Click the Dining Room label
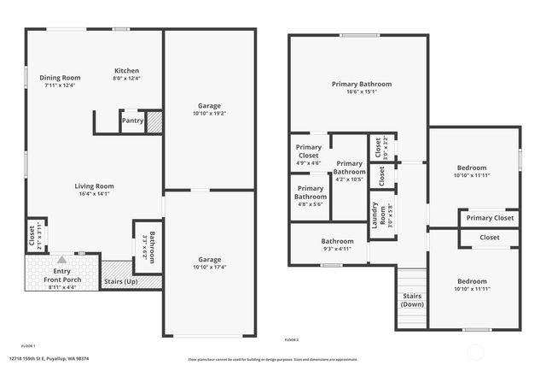pyautogui.click(x=59, y=78)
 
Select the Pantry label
pyautogui.click(x=132, y=121)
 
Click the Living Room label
pyautogui.click(x=94, y=185)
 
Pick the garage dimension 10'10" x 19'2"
pyautogui.click(x=209, y=113)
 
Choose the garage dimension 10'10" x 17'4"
pyautogui.click(x=209, y=268)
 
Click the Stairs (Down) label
pyautogui.click(x=412, y=300)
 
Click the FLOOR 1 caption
pyautogui.click(x=29, y=345)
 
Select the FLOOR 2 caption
pyautogui.click(x=292, y=339)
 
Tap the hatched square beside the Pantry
pyautogui.click(x=154, y=122)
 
